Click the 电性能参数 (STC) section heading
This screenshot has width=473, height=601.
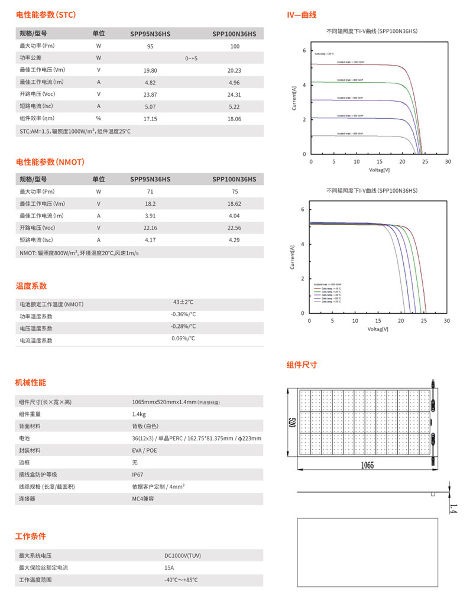coord(46,15)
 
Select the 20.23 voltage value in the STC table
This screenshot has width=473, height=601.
coord(234,70)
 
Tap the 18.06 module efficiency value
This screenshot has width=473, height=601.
coord(234,119)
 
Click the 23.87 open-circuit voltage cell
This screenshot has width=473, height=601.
coord(150,95)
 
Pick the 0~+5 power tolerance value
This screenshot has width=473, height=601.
coord(191,59)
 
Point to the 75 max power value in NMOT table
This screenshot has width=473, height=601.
coord(235,191)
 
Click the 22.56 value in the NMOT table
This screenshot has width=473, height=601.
coord(234,228)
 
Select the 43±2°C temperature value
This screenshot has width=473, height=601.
coord(183,302)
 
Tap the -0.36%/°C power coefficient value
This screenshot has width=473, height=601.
coord(183,314)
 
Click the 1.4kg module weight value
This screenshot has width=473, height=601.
coord(139,414)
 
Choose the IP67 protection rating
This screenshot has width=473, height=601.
coord(138,475)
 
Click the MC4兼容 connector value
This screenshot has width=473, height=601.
coord(143,499)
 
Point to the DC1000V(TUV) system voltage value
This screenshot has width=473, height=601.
coord(183,556)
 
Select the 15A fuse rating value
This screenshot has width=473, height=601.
coord(169,568)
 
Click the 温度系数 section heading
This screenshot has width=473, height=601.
coord(31,286)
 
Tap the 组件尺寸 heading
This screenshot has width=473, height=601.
coord(302,365)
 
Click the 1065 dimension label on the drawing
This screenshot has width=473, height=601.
coord(367,465)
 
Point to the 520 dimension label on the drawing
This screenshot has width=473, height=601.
coord(292,423)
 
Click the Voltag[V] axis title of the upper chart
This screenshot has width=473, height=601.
coord(379,170)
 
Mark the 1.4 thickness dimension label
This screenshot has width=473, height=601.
coord(453,508)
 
